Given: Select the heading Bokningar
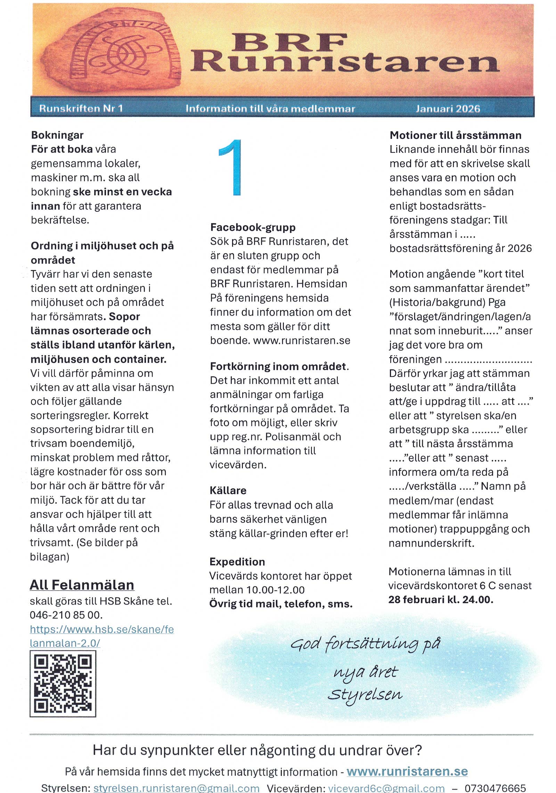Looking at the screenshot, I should [x=57, y=135].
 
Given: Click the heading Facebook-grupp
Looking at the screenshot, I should [x=253, y=227].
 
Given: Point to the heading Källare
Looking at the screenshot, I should [x=228, y=490].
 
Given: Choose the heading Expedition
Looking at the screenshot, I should [x=237, y=562].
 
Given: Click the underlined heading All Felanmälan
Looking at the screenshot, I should [x=82, y=585].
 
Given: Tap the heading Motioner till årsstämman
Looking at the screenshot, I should [x=455, y=135].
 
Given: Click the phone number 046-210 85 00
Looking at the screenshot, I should [x=66, y=615].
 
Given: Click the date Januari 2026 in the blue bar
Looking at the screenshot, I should [x=448, y=109].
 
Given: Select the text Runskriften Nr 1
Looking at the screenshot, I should [x=81, y=108].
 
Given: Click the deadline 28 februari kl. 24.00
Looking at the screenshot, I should [x=441, y=599].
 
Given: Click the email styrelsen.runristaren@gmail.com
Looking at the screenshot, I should [x=176, y=788].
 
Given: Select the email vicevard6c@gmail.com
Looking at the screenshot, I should [x=386, y=788].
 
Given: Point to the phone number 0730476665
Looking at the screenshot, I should [x=495, y=788].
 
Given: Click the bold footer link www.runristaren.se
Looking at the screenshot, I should [x=407, y=771].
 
